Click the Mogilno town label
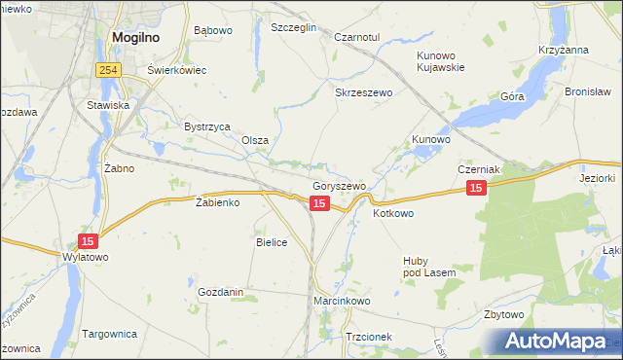coord(135,38)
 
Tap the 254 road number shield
coord(108,70)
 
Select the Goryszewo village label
coord(339,186)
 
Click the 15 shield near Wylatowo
coord(89,240)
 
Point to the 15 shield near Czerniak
coord(475,188)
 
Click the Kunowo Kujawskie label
coord(440,61)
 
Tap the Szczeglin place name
coord(294,28)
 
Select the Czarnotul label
coord(356,37)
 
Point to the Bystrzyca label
coord(206,126)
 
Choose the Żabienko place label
coord(217,203)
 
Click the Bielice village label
coord(272,242)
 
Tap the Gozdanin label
coord(220,292)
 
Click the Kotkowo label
coord(394,213)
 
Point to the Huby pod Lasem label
coord(429,267)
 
